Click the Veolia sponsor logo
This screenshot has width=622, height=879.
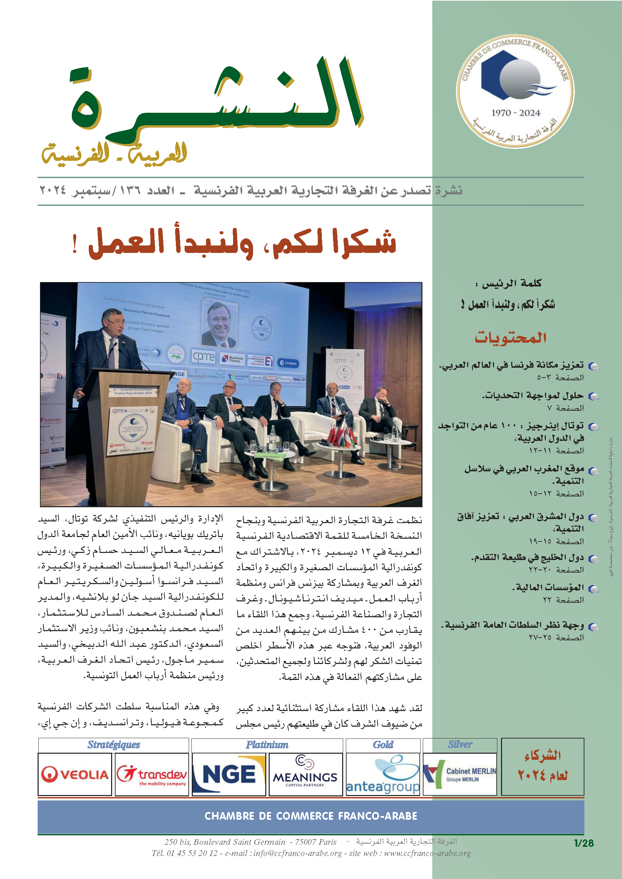(75, 774)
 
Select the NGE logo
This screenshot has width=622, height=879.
(229, 774)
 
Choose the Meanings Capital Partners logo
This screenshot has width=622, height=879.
(305, 774)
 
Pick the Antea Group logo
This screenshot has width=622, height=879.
(383, 775)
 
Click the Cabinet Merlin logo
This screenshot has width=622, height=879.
(460, 774)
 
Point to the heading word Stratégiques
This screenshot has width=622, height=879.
(114, 745)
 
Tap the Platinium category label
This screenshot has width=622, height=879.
(267, 745)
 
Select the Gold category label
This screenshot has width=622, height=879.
(383, 745)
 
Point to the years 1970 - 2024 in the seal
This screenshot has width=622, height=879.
(516, 113)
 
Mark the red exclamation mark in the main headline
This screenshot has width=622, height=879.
(75, 244)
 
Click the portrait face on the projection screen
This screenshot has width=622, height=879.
(219, 323)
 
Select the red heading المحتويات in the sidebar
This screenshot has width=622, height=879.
(511, 337)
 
